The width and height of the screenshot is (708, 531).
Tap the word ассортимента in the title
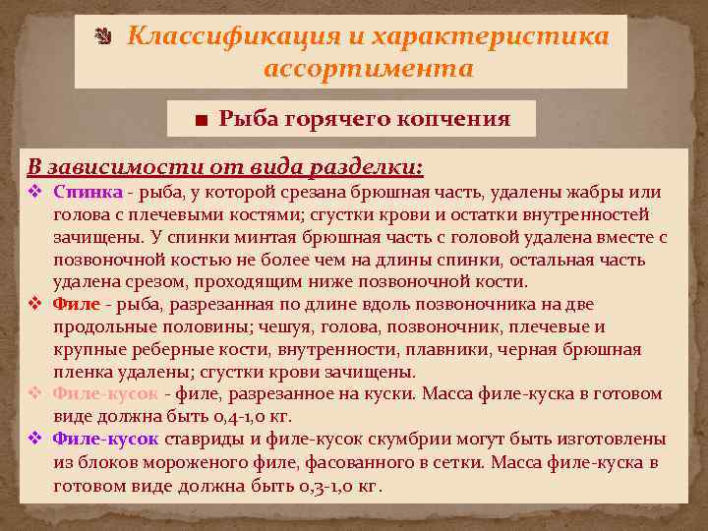tap(369, 69)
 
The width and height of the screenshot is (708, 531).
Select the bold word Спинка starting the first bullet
tap(88, 192)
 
